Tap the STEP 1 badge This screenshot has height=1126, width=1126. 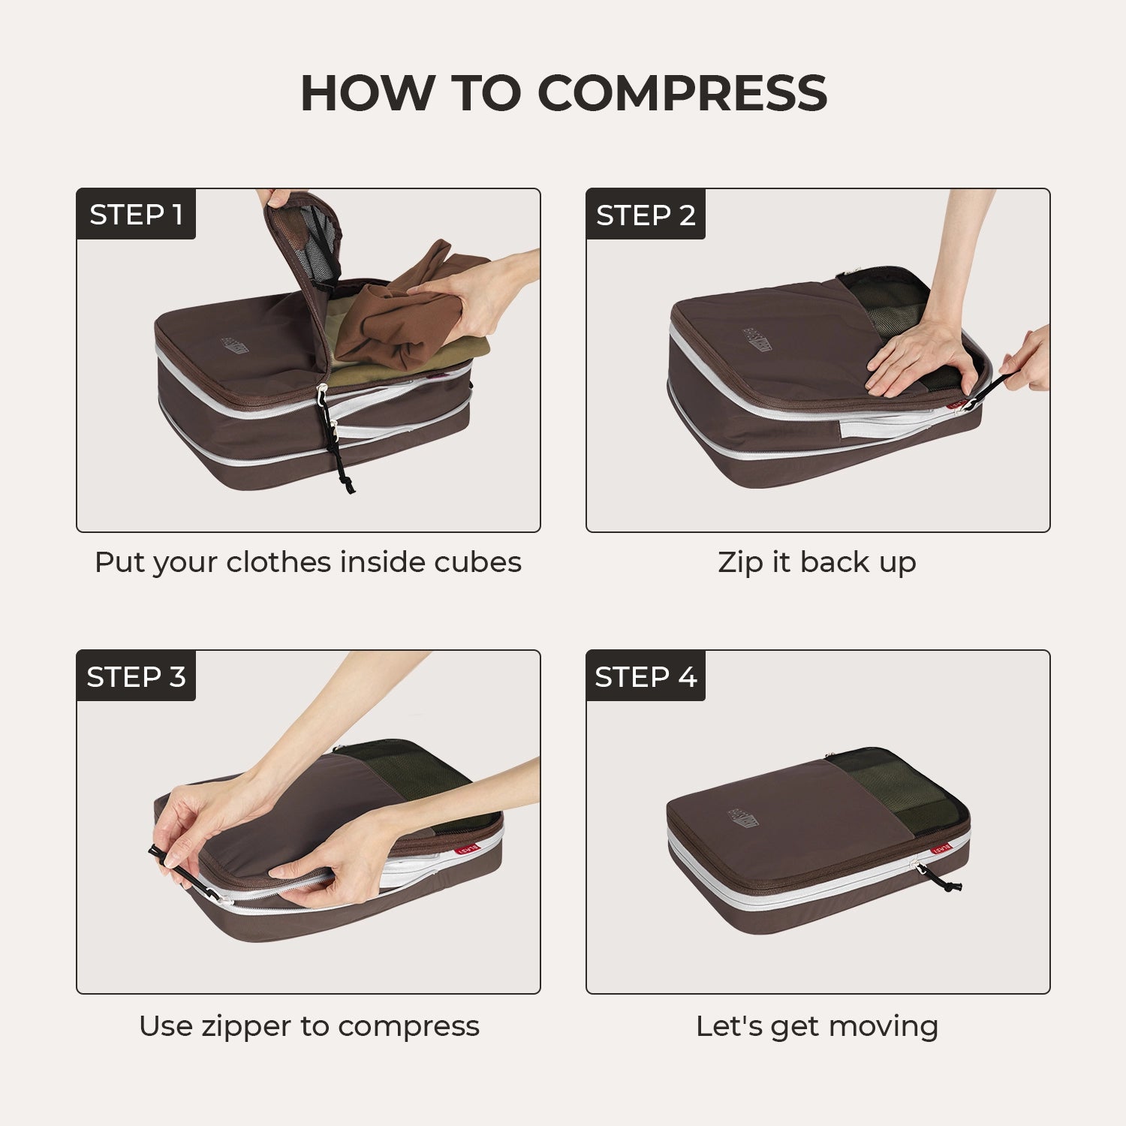point(136,215)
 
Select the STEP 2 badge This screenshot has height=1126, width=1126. point(646,215)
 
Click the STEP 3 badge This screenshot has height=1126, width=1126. point(136,677)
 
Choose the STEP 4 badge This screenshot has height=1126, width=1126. point(646,677)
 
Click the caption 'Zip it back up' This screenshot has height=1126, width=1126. point(817,562)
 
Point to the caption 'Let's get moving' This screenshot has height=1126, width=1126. point(817,1026)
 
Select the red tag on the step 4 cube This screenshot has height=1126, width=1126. point(941,848)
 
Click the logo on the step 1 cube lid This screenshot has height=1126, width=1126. point(236,345)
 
